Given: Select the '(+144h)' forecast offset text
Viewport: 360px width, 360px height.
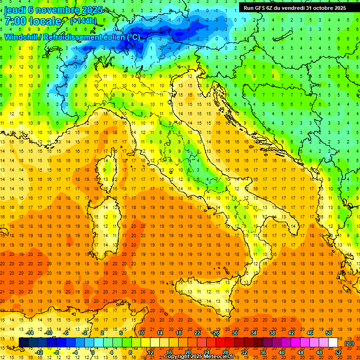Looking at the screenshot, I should (x=83, y=21).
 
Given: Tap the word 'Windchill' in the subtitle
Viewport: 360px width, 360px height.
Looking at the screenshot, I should (x=21, y=37).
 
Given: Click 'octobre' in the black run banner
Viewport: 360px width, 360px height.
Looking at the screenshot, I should (x=319, y=7).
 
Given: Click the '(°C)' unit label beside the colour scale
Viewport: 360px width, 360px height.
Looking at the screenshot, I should (x=349, y=343).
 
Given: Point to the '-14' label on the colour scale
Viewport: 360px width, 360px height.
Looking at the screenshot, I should (x=31, y=333).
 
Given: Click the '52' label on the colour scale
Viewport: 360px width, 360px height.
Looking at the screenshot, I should (x=338, y=352).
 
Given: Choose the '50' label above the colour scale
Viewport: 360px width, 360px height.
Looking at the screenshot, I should (x=329, y=333).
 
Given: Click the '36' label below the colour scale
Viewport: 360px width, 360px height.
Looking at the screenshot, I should (x=263, y=352).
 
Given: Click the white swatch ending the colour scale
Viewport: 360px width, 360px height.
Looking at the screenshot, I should (x=333, y=343).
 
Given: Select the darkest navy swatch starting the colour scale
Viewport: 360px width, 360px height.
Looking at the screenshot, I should (x=23, y=343).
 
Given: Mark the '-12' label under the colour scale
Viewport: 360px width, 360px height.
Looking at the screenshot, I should (x=40, y=352).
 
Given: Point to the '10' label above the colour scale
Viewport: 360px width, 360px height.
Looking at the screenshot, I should (x=141, y=333).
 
